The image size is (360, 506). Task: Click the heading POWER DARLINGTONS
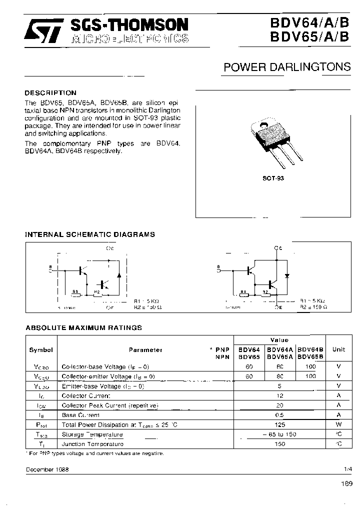click(x=286, y=67)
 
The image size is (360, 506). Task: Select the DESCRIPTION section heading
click(x=50, y=93)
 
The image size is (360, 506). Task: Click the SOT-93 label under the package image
click(x=273, y=178)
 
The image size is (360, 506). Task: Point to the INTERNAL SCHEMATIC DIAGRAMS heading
click(x=90, y=234)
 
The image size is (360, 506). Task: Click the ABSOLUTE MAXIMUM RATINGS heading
click(x=83, y=328)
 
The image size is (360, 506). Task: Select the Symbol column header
click(x=40, y=350)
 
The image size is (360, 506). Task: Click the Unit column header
click(x=338, y=350)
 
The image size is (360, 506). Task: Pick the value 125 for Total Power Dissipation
click(x=279, y=424)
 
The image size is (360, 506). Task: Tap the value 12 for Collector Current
click(x=279, y=395)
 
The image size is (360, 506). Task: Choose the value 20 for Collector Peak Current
click(x=279, y=405)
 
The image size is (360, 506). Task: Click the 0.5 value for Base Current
click(x=279, y=415)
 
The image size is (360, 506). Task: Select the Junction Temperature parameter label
click(x=92, y=444)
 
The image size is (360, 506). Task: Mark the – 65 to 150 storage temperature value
click(x=279, y=434)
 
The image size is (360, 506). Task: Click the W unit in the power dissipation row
click(x=338, y=424)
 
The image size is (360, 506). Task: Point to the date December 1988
click(x=47, y=470)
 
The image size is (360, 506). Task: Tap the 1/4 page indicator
click(x=348, y=470)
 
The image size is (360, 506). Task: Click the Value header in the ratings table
click(x=279, y=340)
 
